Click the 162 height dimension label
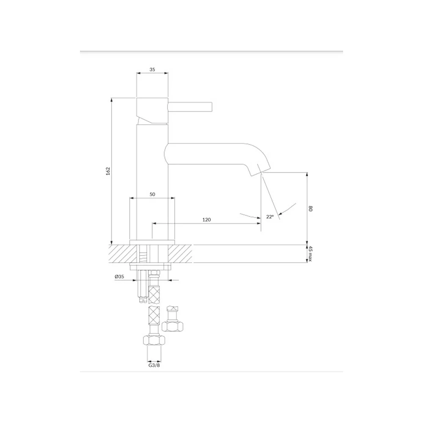tap(108, 171)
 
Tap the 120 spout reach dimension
tap(207, 220)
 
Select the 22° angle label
tap(270, 217)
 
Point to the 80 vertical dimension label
tap(310, 209)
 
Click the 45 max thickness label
tap(310, 253)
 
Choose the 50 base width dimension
tap(152, 194)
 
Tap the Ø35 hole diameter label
tap(119, 277)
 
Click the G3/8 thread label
tap(154, 365)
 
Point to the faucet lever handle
tap(190, 107)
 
